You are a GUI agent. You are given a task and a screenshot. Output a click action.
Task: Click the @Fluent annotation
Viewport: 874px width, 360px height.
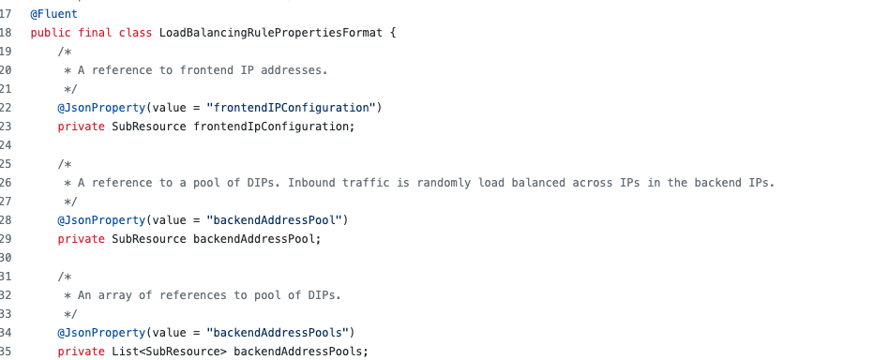point(53,14)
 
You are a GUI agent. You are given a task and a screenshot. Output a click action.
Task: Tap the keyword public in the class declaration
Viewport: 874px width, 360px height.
point(51,33)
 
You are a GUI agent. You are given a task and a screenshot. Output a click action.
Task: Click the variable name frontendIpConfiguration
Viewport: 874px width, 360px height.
point(274,127)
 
